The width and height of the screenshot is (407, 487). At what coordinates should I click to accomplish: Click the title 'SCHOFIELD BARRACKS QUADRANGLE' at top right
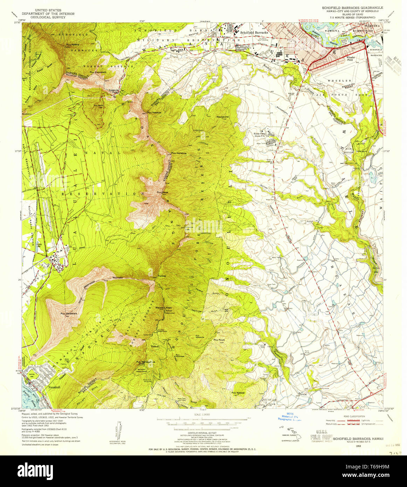click(352, 7)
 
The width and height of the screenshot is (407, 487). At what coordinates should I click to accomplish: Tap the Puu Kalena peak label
click(73, 45)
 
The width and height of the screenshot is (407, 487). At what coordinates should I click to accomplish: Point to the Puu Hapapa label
click(154, 112)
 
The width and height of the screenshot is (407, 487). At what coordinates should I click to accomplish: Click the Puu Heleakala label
click(69, 314)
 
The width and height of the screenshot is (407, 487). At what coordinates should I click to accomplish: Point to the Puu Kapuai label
click(239, 393)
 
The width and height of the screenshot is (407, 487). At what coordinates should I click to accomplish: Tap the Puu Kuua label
click(219, 339)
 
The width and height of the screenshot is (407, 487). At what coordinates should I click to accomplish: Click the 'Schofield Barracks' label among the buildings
click(254, 32)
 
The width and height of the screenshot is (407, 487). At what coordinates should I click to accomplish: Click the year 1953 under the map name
click(358, 446)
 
